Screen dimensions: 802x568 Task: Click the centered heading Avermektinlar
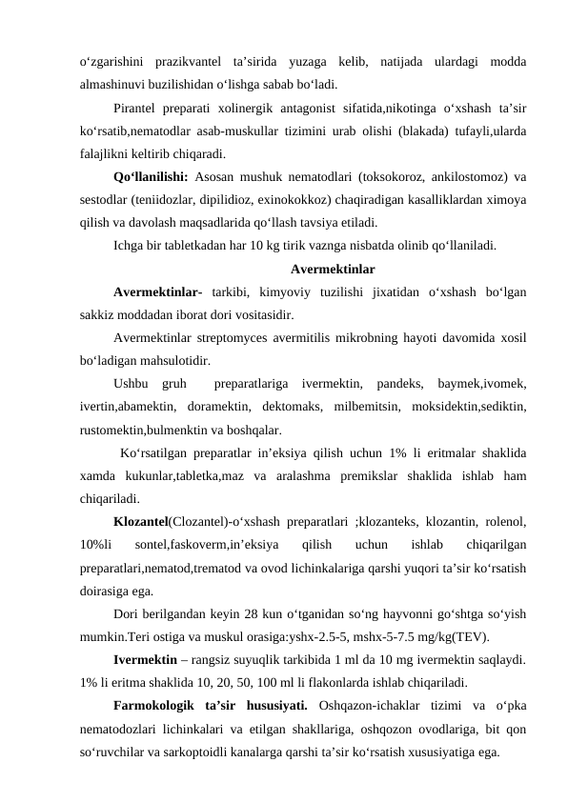click(x=332, y=269)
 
